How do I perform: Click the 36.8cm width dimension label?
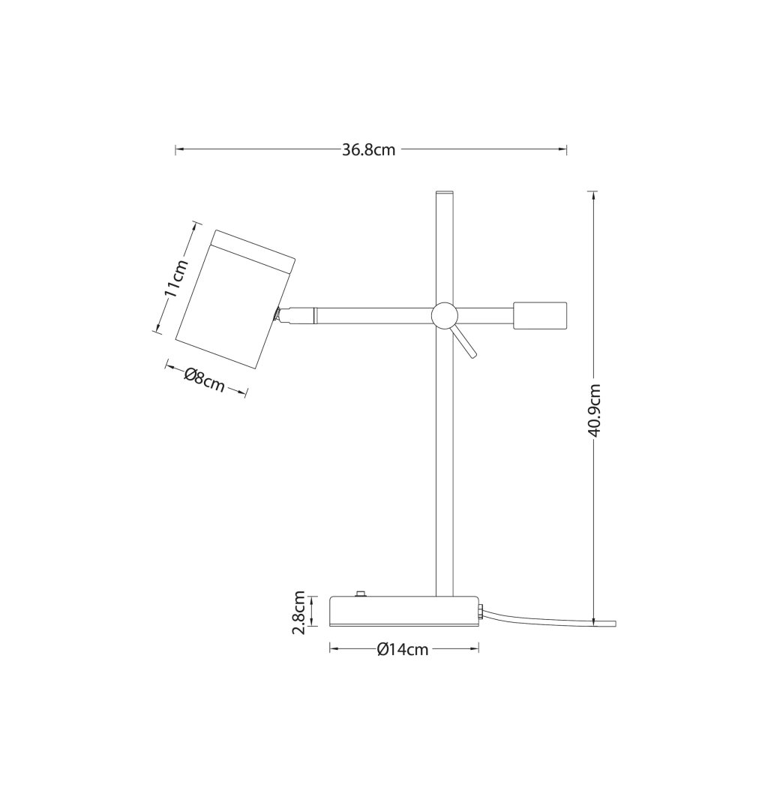(x=368, y=149)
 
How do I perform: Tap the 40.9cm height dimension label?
(x=595, y=411)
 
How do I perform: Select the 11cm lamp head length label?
(x=175, y=278)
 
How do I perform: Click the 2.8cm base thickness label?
(x=298, y=612)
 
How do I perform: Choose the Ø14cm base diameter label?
(x=403, y=649)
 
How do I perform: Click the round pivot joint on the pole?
(x=444, y=314)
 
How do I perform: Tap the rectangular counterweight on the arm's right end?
(x=540, y=315)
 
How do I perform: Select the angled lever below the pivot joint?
(x=464, y=341)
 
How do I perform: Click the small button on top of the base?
(x=361, y=594)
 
